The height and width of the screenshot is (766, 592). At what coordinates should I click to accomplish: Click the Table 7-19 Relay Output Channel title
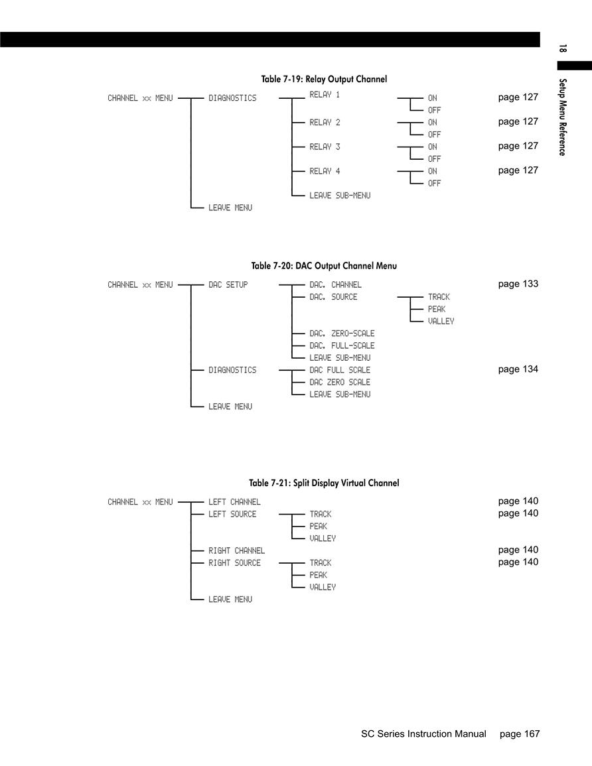tap(324, 79)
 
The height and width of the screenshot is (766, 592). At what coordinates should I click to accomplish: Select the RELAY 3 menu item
tap(325, 147)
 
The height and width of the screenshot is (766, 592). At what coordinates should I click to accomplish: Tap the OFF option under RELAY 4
tap(434, 183)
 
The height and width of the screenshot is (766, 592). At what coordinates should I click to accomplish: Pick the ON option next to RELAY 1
tap(433, 97)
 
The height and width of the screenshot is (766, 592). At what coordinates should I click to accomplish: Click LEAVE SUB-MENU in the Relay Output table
tap(340, 196)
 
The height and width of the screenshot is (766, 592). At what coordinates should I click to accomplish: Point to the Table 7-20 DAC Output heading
tap(324, 266)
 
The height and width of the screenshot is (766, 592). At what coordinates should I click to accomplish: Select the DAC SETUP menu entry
tap(228, 285)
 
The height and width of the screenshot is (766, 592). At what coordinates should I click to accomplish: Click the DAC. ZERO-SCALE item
tap(342, 333)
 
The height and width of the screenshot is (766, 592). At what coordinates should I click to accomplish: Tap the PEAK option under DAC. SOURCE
tap(437, 309)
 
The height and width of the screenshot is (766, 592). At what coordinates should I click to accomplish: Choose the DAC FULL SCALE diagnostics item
tap(340, 370)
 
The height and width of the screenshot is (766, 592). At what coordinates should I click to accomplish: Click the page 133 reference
tap(518, 284)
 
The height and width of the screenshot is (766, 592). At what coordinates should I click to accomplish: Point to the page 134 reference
tap(518, 369)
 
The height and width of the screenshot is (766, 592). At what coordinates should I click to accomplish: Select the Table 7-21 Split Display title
tap(324, 483)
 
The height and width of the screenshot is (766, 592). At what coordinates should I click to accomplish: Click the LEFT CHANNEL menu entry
tap(234, 501)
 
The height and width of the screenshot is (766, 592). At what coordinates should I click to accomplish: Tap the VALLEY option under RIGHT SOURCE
tap(323, 587)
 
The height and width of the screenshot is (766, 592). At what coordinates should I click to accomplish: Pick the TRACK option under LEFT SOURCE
tap(320, 514)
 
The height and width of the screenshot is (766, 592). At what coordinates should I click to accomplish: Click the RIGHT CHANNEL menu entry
tap(237, 550)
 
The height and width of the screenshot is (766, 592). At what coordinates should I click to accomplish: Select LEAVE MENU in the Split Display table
tap(230, 600)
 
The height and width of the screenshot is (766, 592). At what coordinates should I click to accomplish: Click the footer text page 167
tap(520, 734)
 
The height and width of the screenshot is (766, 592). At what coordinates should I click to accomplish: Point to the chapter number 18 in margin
tap(563, 48)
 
